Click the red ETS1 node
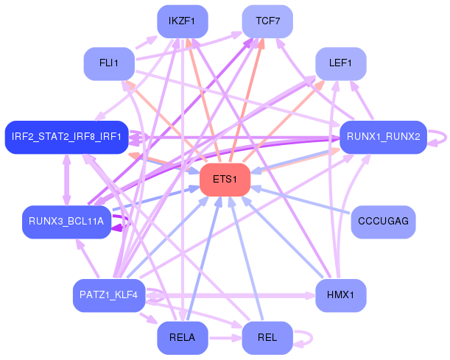[x=225, y=180]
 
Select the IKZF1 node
[x=183, y=21]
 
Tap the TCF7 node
[x=267, y=21]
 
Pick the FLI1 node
[x=109, y=64]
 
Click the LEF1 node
[x=341, y=64]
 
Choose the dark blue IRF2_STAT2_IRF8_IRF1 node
[x=66, y=137]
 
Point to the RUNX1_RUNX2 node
[x=384, y=137]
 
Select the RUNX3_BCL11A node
[x=66, y=222]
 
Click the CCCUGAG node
[x=384, y=222]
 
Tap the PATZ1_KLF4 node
[x=109, y=295]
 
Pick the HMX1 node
[x=341, y=295]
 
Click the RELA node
[x=183, y=338]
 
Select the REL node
[x=267, y=338]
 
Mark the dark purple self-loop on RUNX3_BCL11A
[x=129, y=222]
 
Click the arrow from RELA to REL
[x=225, y=338]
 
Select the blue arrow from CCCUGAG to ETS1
[x=300, y=200]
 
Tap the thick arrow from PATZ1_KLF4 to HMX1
[x=231, y=295]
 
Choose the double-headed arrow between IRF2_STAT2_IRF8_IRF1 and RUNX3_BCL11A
[x=66, y=180]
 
